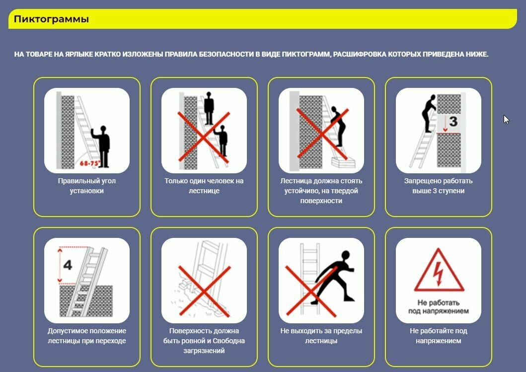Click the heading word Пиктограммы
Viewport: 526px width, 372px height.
tap(51, 19)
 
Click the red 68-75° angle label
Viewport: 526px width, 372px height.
tap(90, 163)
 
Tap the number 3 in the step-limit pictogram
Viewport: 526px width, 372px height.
tap(453, 121)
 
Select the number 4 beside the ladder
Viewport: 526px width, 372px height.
tap(68, 265)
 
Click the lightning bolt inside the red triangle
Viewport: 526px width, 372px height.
tap(438, 273)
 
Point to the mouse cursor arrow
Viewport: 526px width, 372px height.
tap(506, 119)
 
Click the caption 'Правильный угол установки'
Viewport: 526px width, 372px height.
tap(87, 186)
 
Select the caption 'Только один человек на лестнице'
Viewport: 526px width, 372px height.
tap(204, 186)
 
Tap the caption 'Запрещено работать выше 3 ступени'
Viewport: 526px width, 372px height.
tap(439, 186)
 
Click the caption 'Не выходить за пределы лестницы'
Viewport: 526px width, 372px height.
tap(321, 336)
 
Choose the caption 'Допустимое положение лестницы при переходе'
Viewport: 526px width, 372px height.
tap(87, 336)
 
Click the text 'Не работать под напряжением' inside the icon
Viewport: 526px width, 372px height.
tap(439, 306)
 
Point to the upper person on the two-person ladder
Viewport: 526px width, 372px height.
tap(209, 108)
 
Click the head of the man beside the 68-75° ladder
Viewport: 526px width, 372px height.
tap(103, 129)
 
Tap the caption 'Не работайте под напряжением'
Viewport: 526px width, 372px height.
tap(439, 336)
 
